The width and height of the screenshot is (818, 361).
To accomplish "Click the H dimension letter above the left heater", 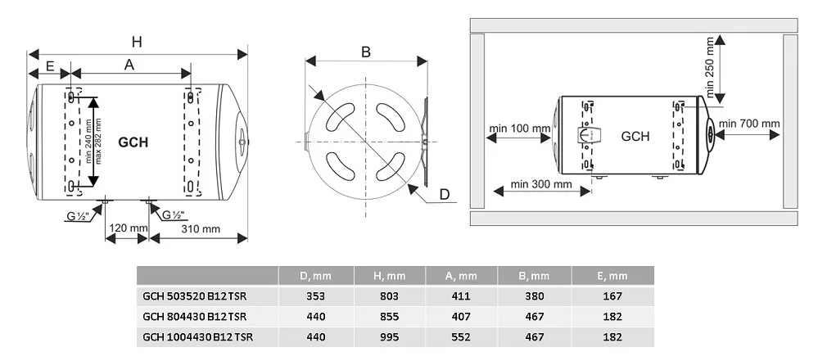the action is (x=137, y=42).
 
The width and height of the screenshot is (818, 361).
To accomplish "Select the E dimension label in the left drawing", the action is (x=50, y=65).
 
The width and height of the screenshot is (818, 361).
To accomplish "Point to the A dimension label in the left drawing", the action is (x=129, y=65).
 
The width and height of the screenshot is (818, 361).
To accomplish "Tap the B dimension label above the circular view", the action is (x=366, y=52).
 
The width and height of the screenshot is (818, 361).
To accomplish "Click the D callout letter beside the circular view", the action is (x=445, y=195).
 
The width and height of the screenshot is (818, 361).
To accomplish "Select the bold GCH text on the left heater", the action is (x=133, y=142).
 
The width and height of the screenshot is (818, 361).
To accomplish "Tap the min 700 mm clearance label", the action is (x=750, y=123).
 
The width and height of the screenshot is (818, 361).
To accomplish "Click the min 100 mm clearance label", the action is (x=520, y=128).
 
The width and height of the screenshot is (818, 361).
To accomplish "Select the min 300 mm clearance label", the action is (x=541, y=183).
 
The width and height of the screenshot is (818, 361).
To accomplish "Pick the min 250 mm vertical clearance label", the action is (x=709, y=66).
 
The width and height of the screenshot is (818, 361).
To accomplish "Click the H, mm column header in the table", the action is (x=390, y=276).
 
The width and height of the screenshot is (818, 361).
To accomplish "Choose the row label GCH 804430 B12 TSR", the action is (x=195, y=316).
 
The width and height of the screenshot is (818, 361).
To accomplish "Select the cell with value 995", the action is (x=390, y=336).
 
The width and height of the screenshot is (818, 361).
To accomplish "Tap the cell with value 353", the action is (x=315, y=296).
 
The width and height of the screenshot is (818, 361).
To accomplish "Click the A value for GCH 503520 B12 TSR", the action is (x=461, y=296).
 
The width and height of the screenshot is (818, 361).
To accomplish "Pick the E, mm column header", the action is (x=613, y=276).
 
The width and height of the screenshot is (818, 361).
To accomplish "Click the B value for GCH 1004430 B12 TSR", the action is (x=535, y=336).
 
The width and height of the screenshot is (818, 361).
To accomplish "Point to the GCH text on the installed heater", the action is (x=635, y=137).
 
